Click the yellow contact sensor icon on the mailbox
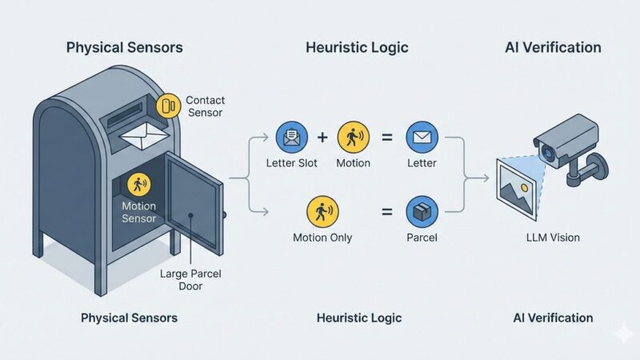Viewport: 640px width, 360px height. tap(168, 106)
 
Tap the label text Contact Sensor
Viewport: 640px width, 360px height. tap(205, 106)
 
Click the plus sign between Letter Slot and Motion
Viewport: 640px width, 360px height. tap(322, 137)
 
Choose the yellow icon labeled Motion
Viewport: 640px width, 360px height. tap(354, 137)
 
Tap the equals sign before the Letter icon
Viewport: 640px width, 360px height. tap(387, 137)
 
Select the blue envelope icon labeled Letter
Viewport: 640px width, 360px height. tap(421, 137)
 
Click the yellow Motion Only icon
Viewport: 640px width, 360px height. tap(322, 212)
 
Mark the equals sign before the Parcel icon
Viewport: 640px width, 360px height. tap(387, 212)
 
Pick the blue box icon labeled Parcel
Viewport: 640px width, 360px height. tap(421, 212)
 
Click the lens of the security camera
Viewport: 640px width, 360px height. tap(548, 151)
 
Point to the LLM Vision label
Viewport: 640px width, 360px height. tap(553, 238)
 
